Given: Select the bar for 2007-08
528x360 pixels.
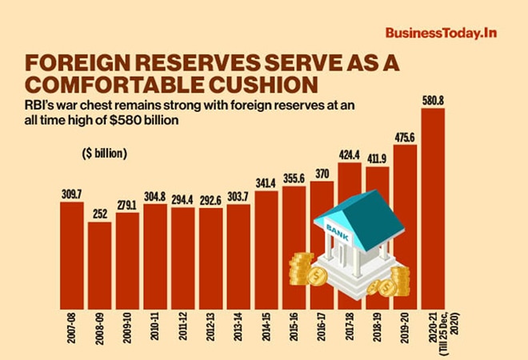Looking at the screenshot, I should click(x=72, y=256).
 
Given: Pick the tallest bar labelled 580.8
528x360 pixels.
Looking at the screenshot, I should click(x=433, y=208).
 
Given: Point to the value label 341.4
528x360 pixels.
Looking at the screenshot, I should click(x=266, y=183).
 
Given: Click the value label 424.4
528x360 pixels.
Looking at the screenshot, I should click(x=350, y=155).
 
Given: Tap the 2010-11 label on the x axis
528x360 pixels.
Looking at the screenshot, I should click(x=156, y=331).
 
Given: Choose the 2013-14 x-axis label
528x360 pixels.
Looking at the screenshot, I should click(x=239, y=331).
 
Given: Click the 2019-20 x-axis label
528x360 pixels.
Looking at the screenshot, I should click(x=406, y=331).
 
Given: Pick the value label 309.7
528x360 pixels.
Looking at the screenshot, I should click(x=72, y=194).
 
